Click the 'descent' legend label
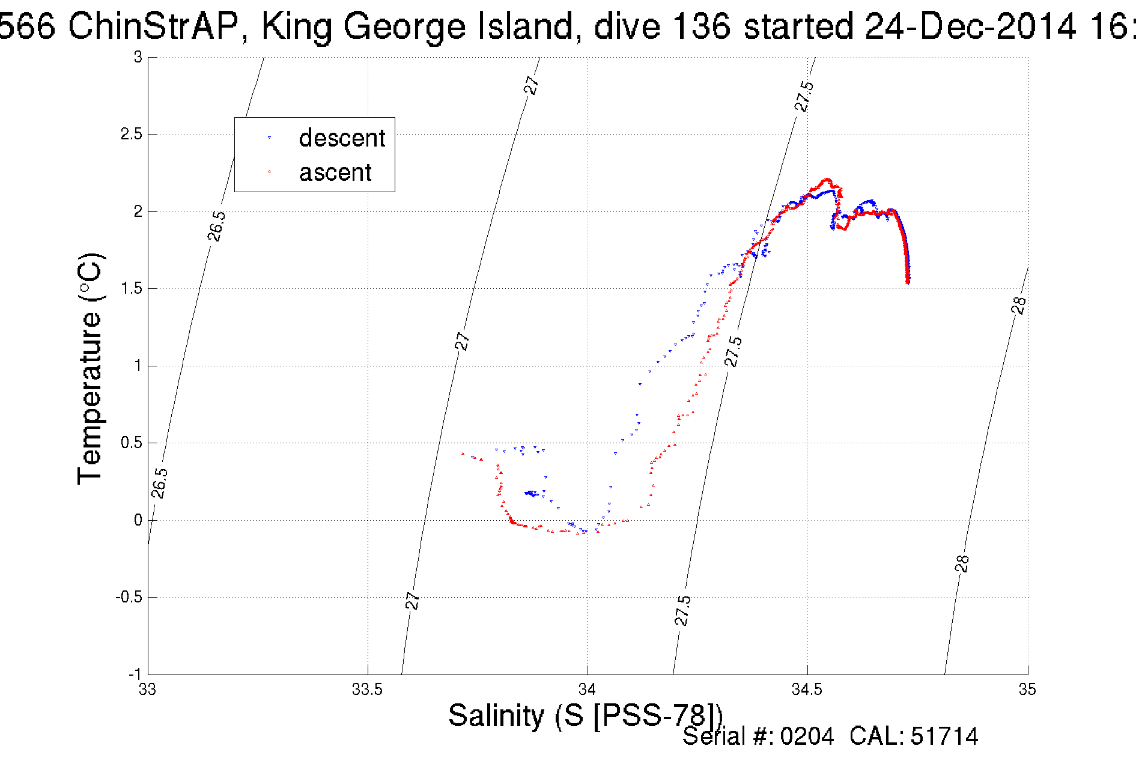click(x=341, y=138)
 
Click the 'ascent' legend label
click(x=335, y=172)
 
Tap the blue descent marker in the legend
click(x=269, y=138)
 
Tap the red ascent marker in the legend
click(x=269, y=172)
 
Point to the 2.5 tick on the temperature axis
click(x=132, y=134)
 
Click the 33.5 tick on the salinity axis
click(x=367, y=690)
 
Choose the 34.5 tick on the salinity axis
click(x=807, y=690)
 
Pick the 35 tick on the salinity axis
click(x=1027, y=690)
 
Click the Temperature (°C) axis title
click(x=91, y=369)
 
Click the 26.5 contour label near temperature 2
click(x=217, y=226)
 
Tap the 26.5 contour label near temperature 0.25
click(x=159, y=483)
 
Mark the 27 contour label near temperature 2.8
click(x=532, y=85)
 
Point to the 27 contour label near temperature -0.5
click(x=412, y=601)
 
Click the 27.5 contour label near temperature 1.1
click(x=733, y=351)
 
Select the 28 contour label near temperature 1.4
click(x=1018, y=306)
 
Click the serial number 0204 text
click(x=807, y=736)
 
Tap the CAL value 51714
click(x=944, y=736)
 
